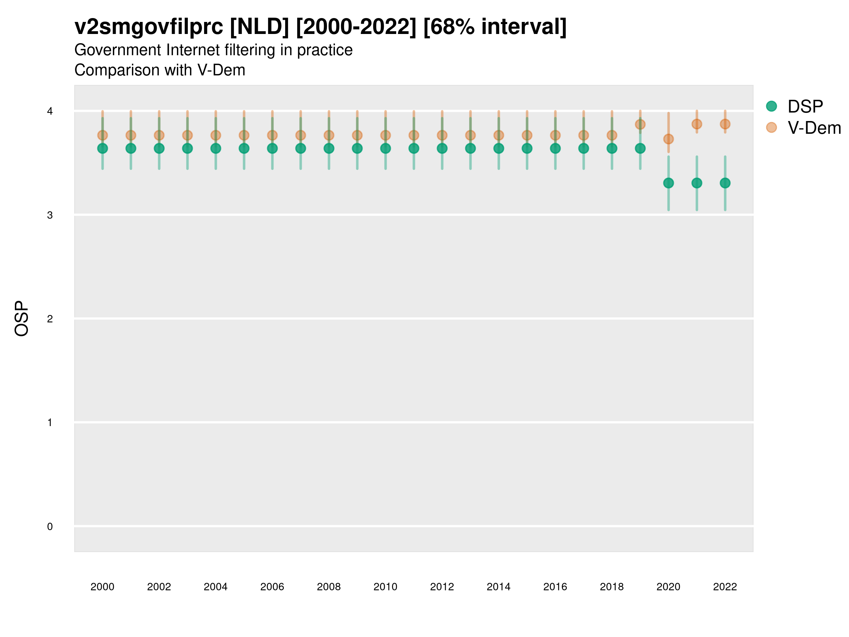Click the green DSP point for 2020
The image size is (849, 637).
click(x=668, y=183)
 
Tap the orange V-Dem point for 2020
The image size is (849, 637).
click(x=668, y=139)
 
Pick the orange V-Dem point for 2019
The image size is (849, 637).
click(x=640, y=125)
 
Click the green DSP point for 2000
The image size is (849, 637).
click(x=103, y=148)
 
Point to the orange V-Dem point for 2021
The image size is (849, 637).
click(x=697, y=124)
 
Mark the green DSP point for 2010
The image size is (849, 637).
click(x=385, y=148)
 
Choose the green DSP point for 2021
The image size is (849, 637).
click(x=697, y=183)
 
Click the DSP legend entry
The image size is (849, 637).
click(x=805, y=107)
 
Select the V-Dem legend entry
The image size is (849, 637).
click(x=814, y=128)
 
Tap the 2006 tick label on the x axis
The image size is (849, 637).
click(x=272, y=587)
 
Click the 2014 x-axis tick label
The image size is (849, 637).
click(x=498, y=587)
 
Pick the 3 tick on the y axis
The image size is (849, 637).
click(x=50, y=215)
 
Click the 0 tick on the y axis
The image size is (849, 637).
click(x=50, y=527)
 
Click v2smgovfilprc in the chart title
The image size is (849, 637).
click(x=149, y=27)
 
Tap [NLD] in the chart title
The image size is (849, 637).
click(x=259, y=27)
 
